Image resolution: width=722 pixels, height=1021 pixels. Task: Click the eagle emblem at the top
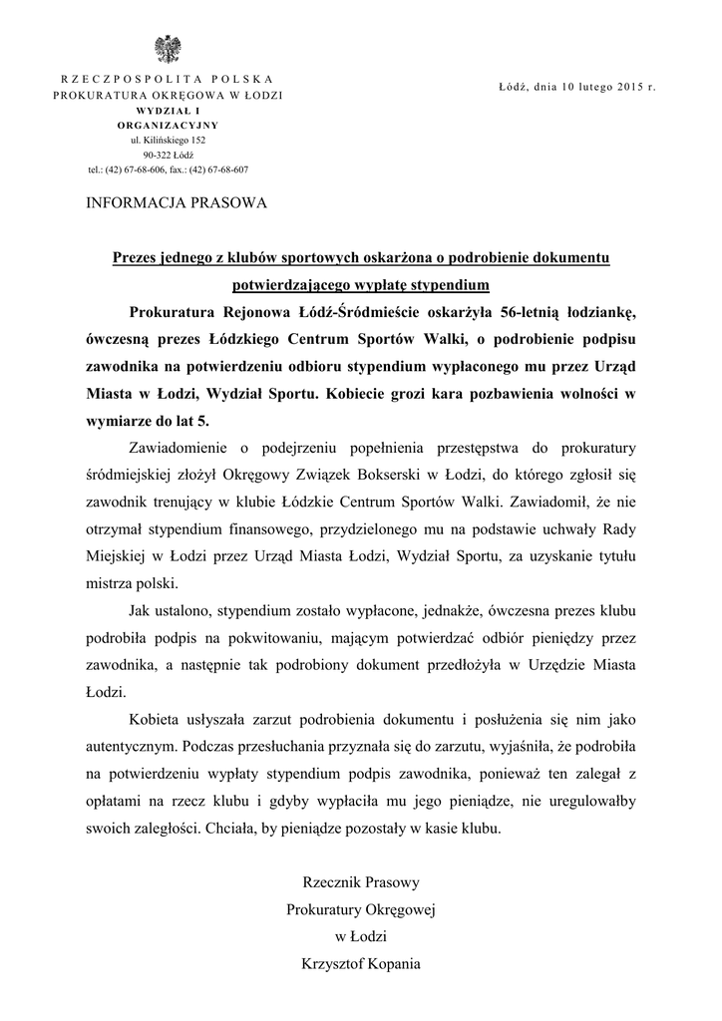(167, 48)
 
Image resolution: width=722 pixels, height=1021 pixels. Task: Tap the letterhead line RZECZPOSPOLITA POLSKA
(167, 79)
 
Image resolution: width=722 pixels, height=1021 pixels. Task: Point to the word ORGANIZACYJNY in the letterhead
(167, 125)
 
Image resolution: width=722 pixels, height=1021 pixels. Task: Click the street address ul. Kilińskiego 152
(168, 141)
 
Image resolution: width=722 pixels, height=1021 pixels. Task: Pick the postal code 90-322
(156, 155)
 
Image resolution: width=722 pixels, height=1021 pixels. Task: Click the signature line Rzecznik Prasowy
(361, 882)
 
